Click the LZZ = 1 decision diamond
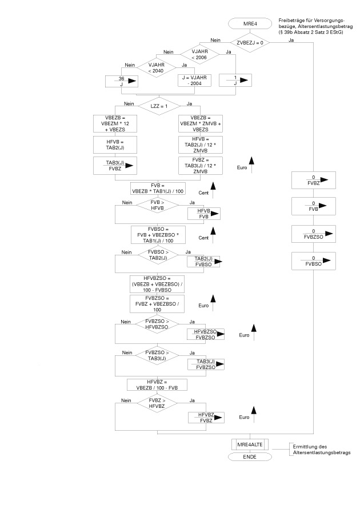coord(156,106)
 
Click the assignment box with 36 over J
coord(122,81)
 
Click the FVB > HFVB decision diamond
coord(156,206)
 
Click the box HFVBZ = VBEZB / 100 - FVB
coord(156,384)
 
